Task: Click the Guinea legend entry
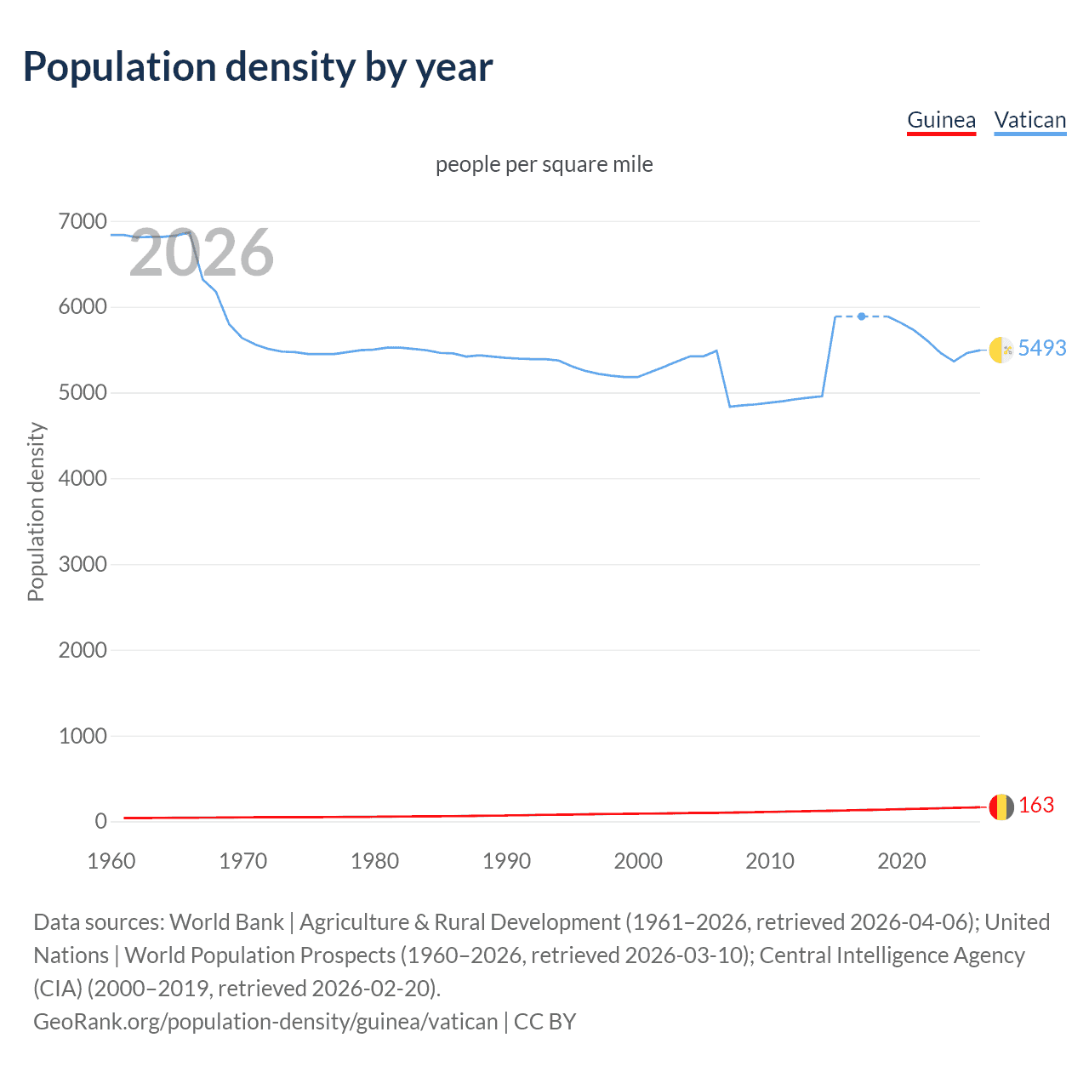[941, 120]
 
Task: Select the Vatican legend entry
[1029, 120]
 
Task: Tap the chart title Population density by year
[258, 67]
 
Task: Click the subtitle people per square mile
[544, 164]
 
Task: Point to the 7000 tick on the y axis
[83, 222]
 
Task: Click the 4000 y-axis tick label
[83, 479]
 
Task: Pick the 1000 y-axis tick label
[83, 736]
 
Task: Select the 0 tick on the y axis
[100, 822]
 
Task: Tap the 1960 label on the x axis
[111, 861]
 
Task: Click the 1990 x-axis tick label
[506, 861]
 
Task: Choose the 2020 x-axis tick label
[901, 861]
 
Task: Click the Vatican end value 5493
[1041, 348]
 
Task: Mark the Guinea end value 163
[1035, 805]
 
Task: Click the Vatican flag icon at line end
[1001, 349]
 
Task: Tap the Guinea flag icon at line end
[1001, 807]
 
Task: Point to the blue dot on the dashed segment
[862, 316]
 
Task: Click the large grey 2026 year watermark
[202, 253]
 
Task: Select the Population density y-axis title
[36, 512]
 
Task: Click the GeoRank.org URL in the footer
[265, 1021]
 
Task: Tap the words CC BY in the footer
[545, 1021]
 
